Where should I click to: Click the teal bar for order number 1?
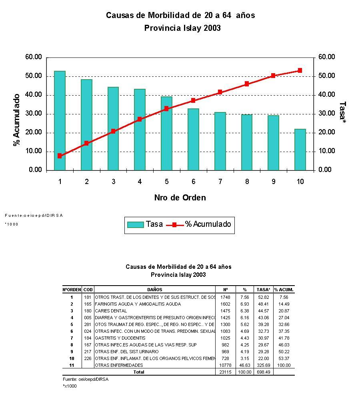pos(60,120)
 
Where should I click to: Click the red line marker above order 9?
pos(273,76)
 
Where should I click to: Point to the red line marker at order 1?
pos(60,156)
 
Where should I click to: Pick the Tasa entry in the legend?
pos(145,224)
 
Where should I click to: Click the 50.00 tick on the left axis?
pos(33,76)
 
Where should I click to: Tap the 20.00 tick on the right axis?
pos(327,132)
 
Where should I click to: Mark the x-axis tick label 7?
pos(220,182)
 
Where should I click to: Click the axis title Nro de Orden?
pos(180,198)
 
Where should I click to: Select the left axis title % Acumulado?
pos(17,120)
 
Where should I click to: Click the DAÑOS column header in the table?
pos(154,290)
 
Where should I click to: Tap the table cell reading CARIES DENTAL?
pos(111,311)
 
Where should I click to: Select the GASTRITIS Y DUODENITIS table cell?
pos(120,338)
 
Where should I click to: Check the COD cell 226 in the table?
pos(88,358)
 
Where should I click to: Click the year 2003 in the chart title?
pos(212,28)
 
